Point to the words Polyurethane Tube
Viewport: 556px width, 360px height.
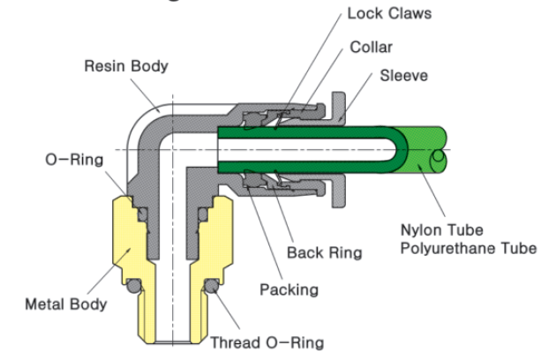point(467,247)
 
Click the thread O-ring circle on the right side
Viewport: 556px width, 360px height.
point(212,288)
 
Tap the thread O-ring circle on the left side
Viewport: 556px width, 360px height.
point(133,288)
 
